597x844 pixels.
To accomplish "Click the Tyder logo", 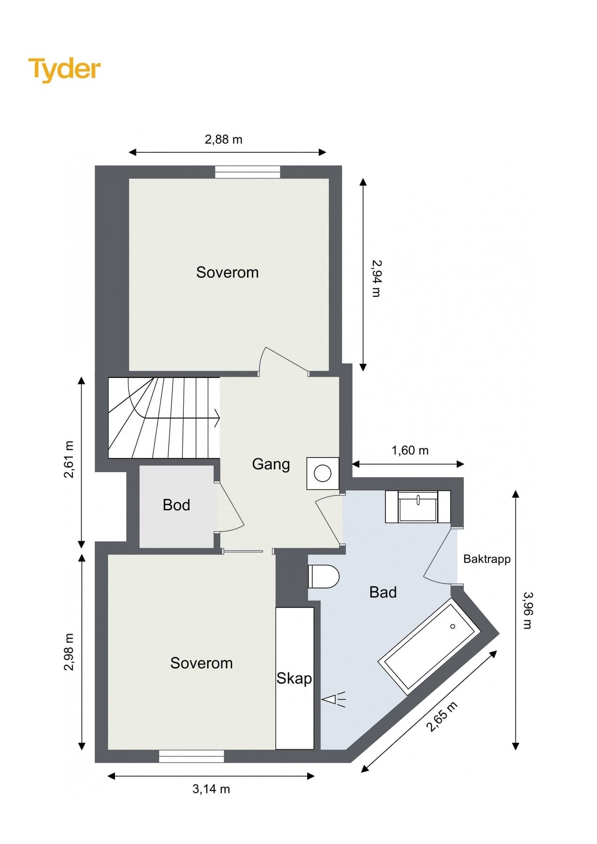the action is click(64, 69).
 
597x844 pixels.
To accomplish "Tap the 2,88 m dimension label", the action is click(224, 139).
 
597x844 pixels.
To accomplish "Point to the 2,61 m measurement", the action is click(69, 459).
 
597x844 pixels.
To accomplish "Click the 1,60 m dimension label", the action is click(410, 451).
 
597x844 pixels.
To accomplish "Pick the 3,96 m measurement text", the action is click(528, 610).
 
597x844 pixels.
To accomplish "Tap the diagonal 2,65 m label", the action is click(441, 716).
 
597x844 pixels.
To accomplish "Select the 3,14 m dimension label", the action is click(211, 789).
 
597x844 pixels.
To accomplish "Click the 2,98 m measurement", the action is click(69, 652).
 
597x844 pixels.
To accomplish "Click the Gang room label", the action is click(271, 464).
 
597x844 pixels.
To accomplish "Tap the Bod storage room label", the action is click(176, 505).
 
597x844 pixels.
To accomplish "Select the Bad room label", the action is click(383, 592).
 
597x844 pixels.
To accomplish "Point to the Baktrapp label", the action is click(487, 559).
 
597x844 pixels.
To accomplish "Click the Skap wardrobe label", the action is click(294, 678).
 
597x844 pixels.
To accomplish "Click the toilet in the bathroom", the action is click(324, 576).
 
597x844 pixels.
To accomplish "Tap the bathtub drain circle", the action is click(453, 626).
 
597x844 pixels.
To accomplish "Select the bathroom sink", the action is click(418, 506).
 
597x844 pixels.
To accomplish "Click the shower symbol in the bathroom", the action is click(333, 699).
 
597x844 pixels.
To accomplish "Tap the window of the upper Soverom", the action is click(248, 172).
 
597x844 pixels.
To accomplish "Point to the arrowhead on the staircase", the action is click(217, 418).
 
